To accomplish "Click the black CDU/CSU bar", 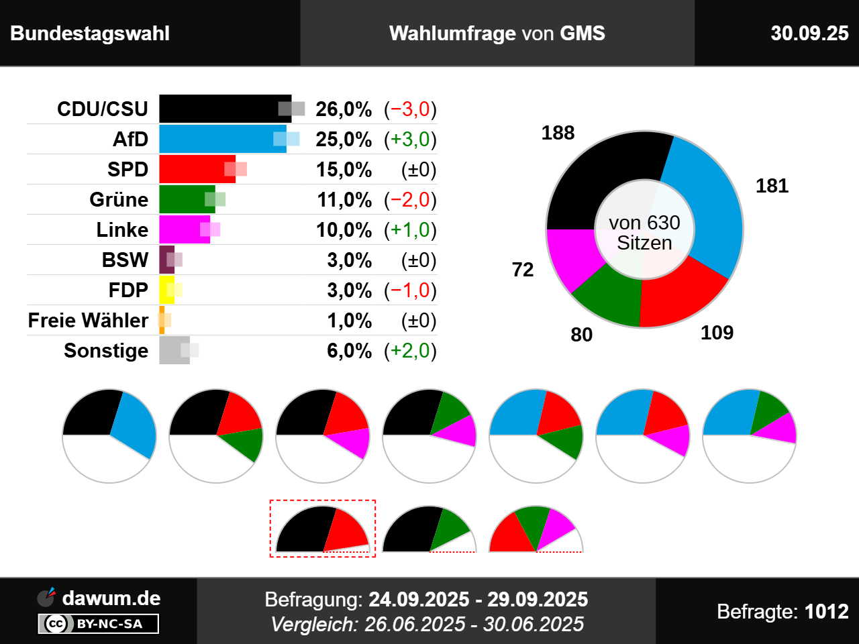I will click(221, 109).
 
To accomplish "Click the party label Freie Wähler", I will click(88, 321).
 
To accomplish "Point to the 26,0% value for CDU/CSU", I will click(344, 109).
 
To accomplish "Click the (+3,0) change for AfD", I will click(410, 140).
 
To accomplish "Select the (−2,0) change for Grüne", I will click(410, 200).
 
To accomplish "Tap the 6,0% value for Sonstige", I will click(349, 351).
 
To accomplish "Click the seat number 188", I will click(558, 133).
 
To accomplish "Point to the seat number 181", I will click(772, 186).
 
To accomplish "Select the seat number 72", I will click(523, 270).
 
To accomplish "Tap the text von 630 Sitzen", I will click(644, 232).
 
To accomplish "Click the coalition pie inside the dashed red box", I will click(323, 529).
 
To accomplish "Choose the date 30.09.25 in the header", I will click(809, 34).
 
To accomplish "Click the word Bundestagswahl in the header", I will click(90, 34).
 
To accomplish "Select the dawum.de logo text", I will click(111, 598).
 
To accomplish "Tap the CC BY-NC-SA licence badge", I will click(99, 624).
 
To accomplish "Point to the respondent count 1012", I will click(826, 611).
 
